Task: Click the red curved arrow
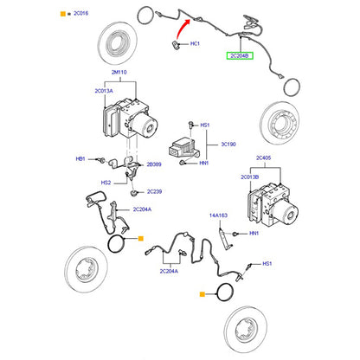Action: (x=181, y=28)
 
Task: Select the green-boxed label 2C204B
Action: (x=240, y=55)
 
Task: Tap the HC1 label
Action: (x=195, y=43)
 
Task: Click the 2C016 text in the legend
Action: (x=80, y=13)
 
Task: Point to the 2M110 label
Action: (x=119, y=72)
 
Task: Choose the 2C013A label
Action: (x=104, y=91)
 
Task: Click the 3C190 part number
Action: (x=228, y=144)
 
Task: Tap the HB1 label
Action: (x=80, y=159)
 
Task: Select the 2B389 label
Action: (x=154, y=164)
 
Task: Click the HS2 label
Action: (x=106, y=183)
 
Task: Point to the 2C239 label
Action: (x=154, y=191)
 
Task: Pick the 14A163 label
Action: (x=218, y=215)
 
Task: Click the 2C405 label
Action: (x=264, y=157)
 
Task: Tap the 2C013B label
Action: (x=250, y=177)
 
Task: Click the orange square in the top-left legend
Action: (x=63, y=14)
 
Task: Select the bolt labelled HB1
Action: (x=100, y=159)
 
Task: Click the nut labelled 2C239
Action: (x=133, y=192)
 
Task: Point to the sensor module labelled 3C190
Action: (x=183, y=148)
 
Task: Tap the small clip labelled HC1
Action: (x=175, y=45)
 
